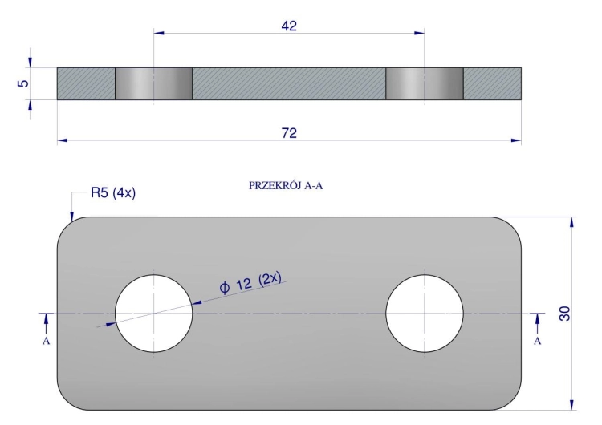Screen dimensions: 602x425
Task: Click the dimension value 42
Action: click(289, 26)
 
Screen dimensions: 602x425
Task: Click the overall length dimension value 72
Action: click(289, 133)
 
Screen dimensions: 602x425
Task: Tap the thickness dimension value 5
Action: click(23, 83)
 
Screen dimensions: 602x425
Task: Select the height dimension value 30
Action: click(565, 314)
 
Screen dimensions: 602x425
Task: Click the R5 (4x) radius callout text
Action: click(113, 192)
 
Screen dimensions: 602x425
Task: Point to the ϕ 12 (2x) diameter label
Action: click(250, 283)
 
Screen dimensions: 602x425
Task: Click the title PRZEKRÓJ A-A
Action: click(286, 186)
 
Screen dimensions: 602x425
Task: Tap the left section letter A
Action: click(46, 341)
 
